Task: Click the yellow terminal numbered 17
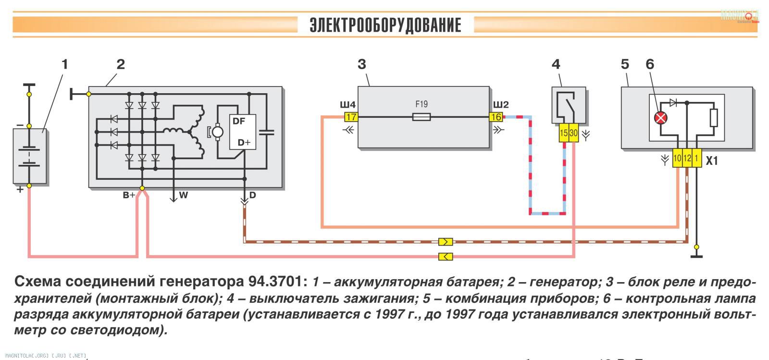pyautogui.click(x=351, y=117)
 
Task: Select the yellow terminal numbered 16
pyautogui.click(x=496, y=117)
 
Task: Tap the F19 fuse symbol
pyautogui.click(x=422, y=117)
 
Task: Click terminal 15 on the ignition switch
pyautogui.click(x=564, y=134)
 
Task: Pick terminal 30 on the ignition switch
pyautogui.click(x=573, y=134)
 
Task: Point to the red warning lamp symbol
pyautogui.click(x=661, y=118)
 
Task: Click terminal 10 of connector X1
pyautogui.click(x=677, y=158)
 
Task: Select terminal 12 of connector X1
pyautogui.click(x=687, y=158)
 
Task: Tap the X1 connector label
pyautogui.click(x=711, y=161)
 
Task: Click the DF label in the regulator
pyautogui.click(x=239, y=121)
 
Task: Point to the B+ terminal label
pyautogui.click(x=129, y=195)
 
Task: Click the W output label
pyautogui.click(x=184, y=195)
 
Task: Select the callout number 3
pyautogui.click(x=362, y=64)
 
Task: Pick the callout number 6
pyautogui.click(x=650, y=64)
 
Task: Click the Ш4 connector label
pyautogui.click(x=347, y=105)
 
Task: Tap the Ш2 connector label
pyautogui.click(x=500, y=105)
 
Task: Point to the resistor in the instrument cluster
pyautogui.click(x=714, y=118)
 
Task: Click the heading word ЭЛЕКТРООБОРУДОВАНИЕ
pyautogui.click(x=385, y=25)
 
